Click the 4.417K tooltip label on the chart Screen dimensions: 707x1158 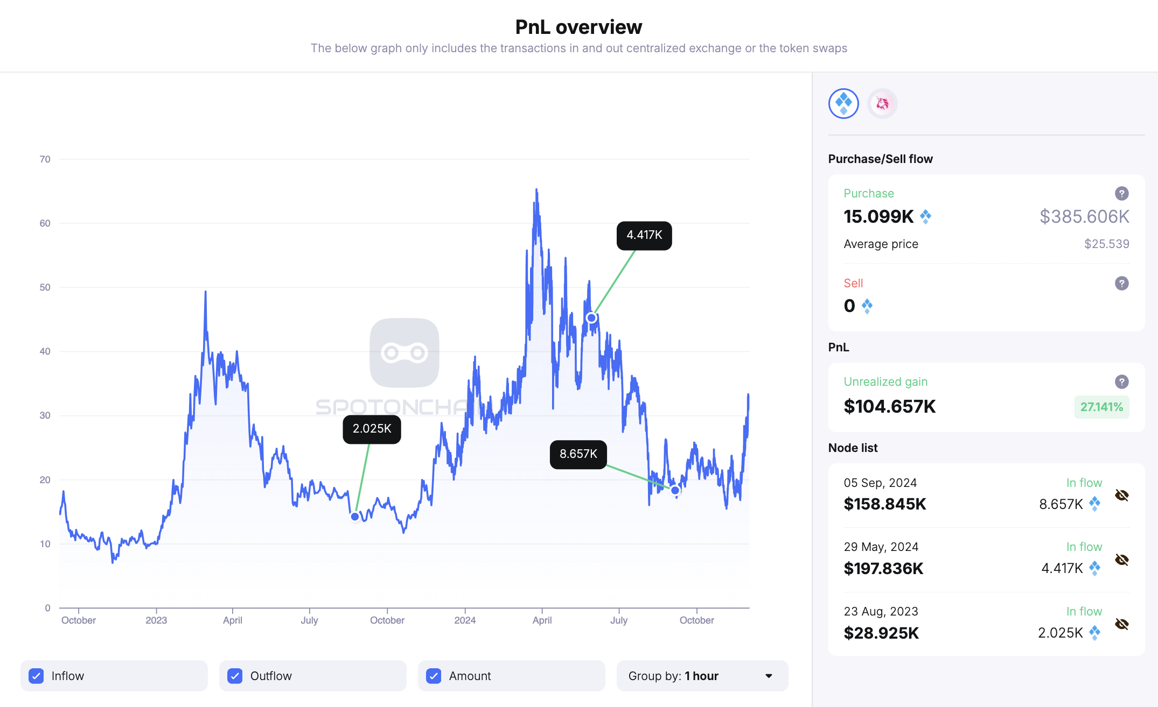pos(644,235)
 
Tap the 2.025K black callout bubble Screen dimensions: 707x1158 pos(372,429)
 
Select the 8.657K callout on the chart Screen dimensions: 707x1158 pos(578,454)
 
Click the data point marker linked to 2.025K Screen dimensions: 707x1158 pos(355,517)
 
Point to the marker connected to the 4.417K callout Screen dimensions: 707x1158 pos(591,318)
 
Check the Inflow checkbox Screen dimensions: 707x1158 pos(37,676)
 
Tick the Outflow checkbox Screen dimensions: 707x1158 pos(235,676)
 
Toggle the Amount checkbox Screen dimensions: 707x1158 pos(434,676)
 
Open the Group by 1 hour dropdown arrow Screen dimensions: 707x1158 pos(769,676)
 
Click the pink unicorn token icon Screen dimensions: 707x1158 pos(882,103)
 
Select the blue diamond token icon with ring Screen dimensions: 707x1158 pos(843,103)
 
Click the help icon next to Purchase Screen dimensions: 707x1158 pos(1121,193)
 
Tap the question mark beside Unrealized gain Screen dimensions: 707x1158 pos(1121,381)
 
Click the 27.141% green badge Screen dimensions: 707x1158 pos(1101,407)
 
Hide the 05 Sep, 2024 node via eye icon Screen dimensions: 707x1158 pos(1121,495)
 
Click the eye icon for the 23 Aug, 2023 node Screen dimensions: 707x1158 pos(1121,624)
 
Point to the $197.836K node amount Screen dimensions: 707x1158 pos(883,568)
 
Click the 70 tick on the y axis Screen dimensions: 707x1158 pos(45,159)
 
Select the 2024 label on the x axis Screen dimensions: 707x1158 pos(465,620)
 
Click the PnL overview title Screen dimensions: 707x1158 pos(578,27)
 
